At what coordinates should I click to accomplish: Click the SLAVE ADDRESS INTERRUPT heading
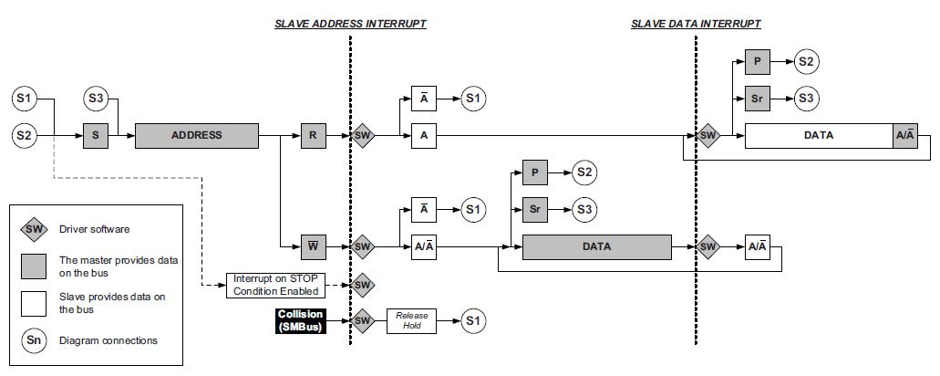351,24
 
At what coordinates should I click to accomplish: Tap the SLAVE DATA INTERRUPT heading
696,24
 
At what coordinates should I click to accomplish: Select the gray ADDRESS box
196,136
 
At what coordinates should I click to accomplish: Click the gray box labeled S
96,136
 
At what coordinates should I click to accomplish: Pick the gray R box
312,136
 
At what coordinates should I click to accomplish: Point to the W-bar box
312,245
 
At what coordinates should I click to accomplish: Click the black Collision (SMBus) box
300,320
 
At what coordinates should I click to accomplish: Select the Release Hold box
412,320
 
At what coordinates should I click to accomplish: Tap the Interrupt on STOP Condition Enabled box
275,285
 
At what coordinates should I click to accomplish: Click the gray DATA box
596,246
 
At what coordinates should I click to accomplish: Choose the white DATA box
819,135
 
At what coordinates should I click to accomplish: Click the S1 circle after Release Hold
472,320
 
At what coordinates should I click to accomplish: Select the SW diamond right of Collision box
362,320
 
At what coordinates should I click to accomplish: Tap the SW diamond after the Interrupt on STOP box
362,285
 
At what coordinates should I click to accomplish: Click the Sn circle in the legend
34,340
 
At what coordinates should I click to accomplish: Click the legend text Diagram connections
108,340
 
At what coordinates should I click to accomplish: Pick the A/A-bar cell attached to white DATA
905,135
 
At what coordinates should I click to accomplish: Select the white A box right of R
424,136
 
